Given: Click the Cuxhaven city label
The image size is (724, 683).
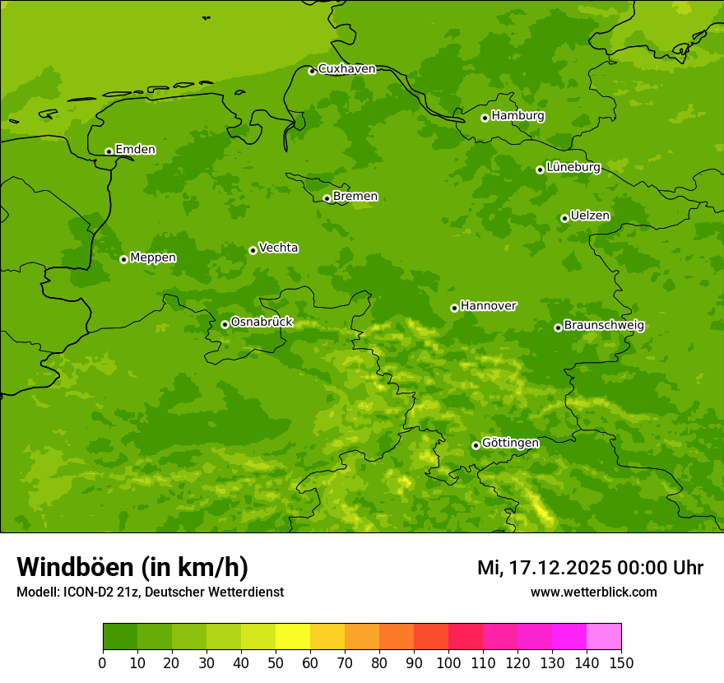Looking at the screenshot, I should coord(346,69).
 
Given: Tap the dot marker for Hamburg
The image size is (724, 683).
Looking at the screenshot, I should coord(485,118).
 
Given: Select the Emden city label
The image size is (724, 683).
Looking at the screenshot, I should coord(135,150).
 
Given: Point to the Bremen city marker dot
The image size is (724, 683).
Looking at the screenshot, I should coord(327,198).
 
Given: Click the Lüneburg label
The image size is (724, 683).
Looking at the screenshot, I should coord(573,168).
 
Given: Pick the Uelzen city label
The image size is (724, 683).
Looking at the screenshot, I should coord(590,216).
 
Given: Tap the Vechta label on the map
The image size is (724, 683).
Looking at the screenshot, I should coord(278,248).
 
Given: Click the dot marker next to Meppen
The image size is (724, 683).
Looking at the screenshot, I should coord(123,259).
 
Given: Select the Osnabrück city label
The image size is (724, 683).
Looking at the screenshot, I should coord(262,323).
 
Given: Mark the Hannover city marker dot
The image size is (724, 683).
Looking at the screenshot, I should coord(454,308).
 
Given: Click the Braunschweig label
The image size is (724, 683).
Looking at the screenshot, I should coord(604,326).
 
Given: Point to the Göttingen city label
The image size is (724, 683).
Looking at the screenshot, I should coord(510,444).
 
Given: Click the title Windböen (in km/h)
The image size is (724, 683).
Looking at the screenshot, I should coord(132,567).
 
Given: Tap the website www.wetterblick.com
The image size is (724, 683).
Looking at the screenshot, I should coord(593,592).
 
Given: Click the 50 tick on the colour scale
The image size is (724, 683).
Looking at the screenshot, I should coord(276,662).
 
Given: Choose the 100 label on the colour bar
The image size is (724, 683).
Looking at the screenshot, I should coord(448,662).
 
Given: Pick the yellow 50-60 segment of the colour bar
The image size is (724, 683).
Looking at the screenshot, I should coord(293,637).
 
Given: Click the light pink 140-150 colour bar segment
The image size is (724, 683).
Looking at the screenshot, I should coord(604,637).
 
